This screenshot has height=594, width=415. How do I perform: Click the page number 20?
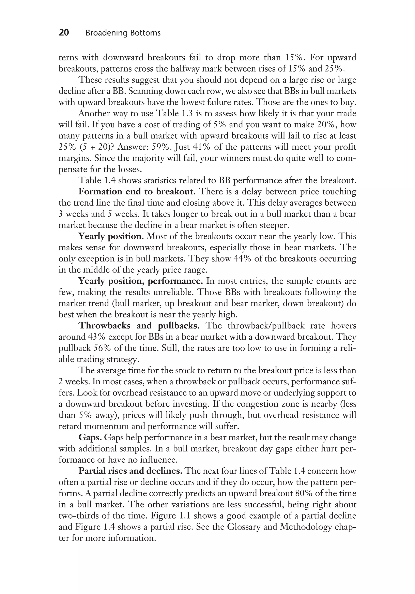(64, 33)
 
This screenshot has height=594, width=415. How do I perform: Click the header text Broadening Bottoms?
(123, 33)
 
